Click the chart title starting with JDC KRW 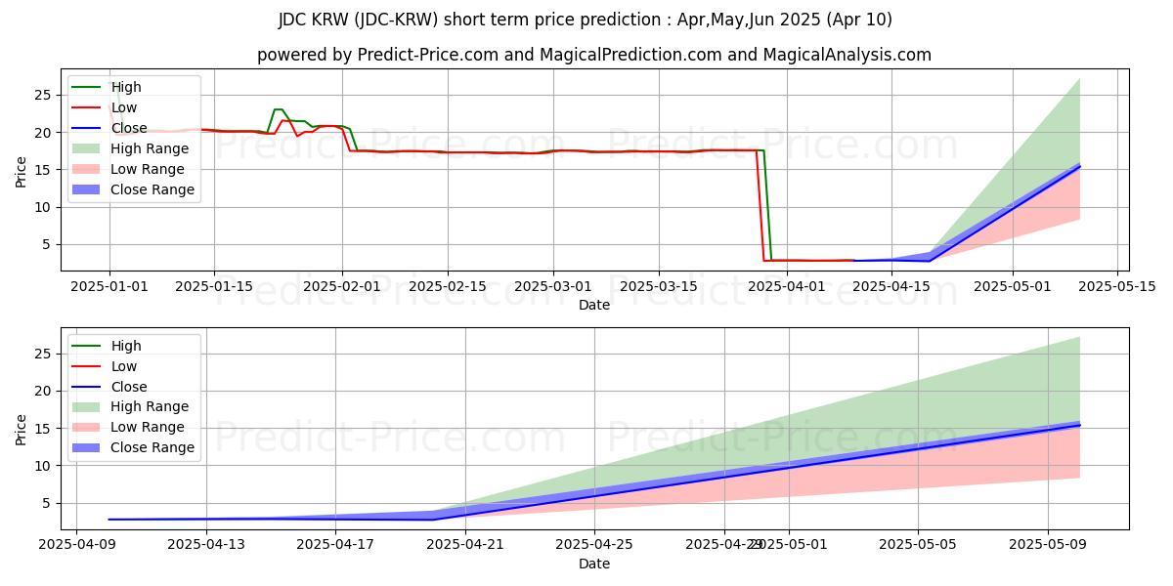click(586, 20)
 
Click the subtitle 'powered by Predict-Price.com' click(593, 55)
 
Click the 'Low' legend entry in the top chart click(124, 107)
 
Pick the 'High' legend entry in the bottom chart click(126, 346)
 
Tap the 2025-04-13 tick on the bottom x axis click(206, 545)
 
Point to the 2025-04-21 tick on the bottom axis click(465, 545)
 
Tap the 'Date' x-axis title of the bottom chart click(593, 564)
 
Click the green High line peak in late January click(279, 109)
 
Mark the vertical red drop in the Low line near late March click(761, 205)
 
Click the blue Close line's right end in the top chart click(1079, 167)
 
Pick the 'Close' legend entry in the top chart click(129, 128)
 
